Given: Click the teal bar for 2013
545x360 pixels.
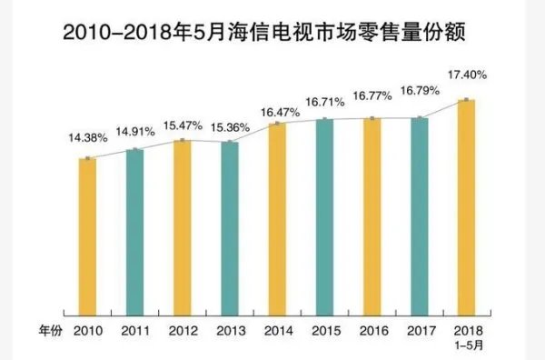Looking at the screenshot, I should point(229,226).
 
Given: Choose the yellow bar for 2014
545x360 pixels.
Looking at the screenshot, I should point(276,217).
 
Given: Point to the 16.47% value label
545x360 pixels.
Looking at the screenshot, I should point(276,112).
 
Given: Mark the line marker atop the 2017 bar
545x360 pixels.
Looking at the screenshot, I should point(419,117).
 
